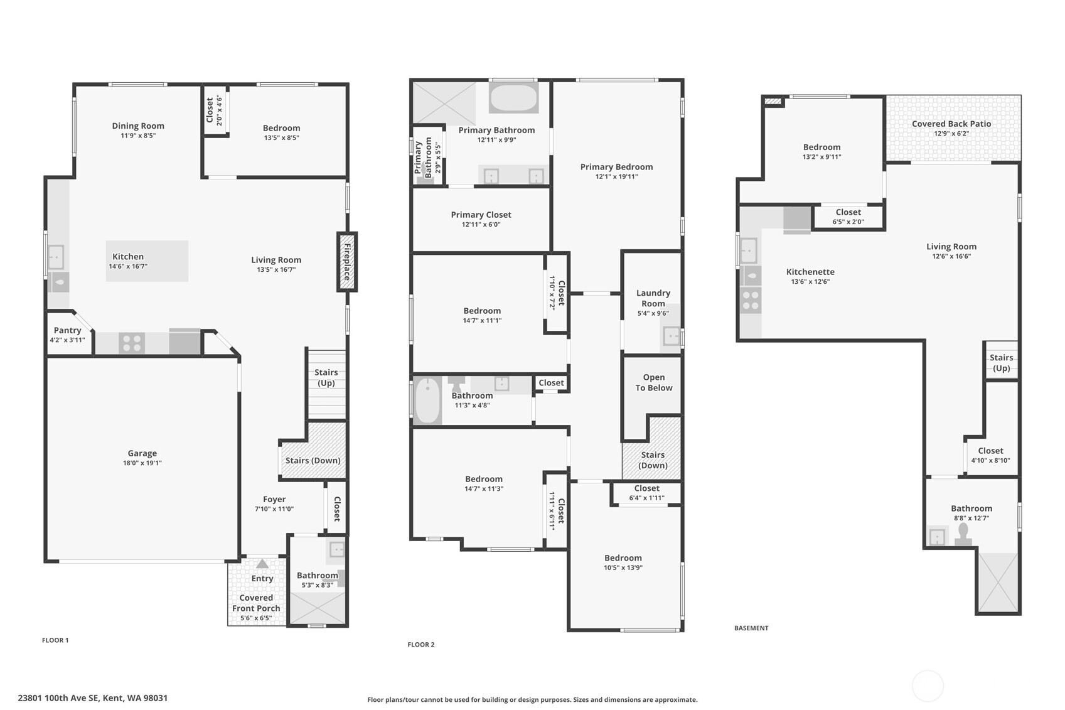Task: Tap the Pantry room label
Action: click(x=67, y=330)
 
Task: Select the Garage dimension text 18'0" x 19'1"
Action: click(x=142, y=463)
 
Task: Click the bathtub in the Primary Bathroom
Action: click(x=513, y=99)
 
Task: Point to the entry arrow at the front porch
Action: click(x=262, y=564)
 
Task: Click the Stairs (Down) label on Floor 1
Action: click(x=313, y=460)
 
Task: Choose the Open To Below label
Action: click(x=653, y=382)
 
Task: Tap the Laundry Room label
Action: click(x=653, y=298)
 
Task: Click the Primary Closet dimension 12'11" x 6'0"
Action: click(x=481, y=225)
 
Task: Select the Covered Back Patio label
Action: click(x=951, y=124)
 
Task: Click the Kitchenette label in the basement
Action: click(x=810, y=272)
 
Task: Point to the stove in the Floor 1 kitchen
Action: click(x=132, y=343)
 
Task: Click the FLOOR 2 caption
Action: click(x=420, y=645)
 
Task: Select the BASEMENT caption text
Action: click(x=751, y=628)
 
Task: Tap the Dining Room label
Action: click(x=138, y=126)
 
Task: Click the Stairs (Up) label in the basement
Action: click(x=1001, y=363)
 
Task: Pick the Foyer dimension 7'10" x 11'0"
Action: click(x=274, y=509)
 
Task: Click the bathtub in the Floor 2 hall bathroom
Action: click(x=428, y=400)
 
